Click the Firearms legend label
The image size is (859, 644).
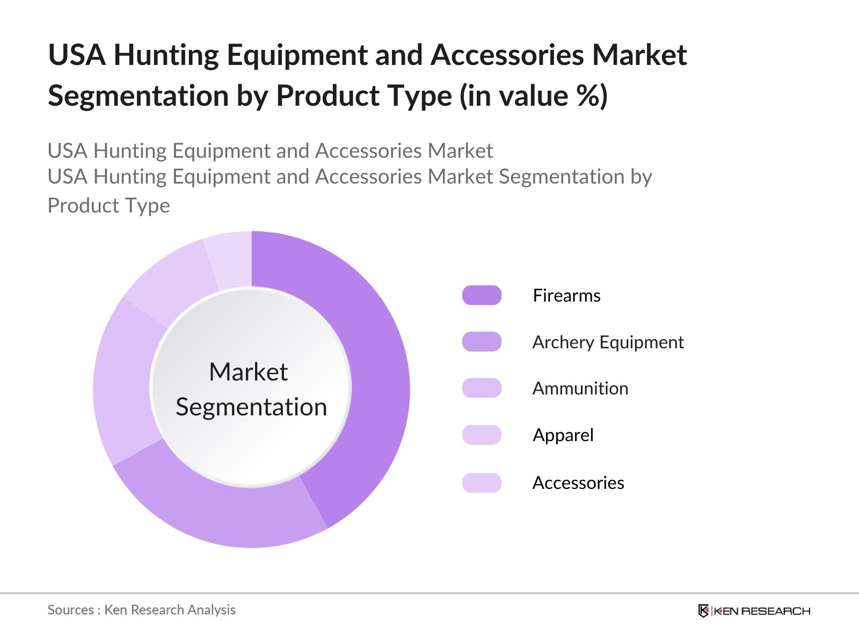tap(566, 296)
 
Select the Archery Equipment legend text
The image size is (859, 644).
tap(608, 342)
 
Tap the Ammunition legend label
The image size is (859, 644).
tap(580, 389)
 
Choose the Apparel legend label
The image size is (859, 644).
tap(563, 435)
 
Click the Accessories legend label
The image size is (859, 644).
tap(578, 483)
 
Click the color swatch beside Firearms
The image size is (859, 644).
tap(482, 296)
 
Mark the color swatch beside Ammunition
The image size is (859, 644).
tap(482, 389)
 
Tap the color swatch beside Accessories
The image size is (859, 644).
tap(482, 483)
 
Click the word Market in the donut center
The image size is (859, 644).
tap(248, 372)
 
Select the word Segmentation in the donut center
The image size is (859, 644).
tap(251, 407)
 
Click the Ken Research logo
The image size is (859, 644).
tap(754, 611)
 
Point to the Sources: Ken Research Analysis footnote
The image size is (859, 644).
tap(141, 610)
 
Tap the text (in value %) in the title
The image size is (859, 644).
tap(534, 96)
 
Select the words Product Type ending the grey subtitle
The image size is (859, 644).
tap(108, 206)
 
